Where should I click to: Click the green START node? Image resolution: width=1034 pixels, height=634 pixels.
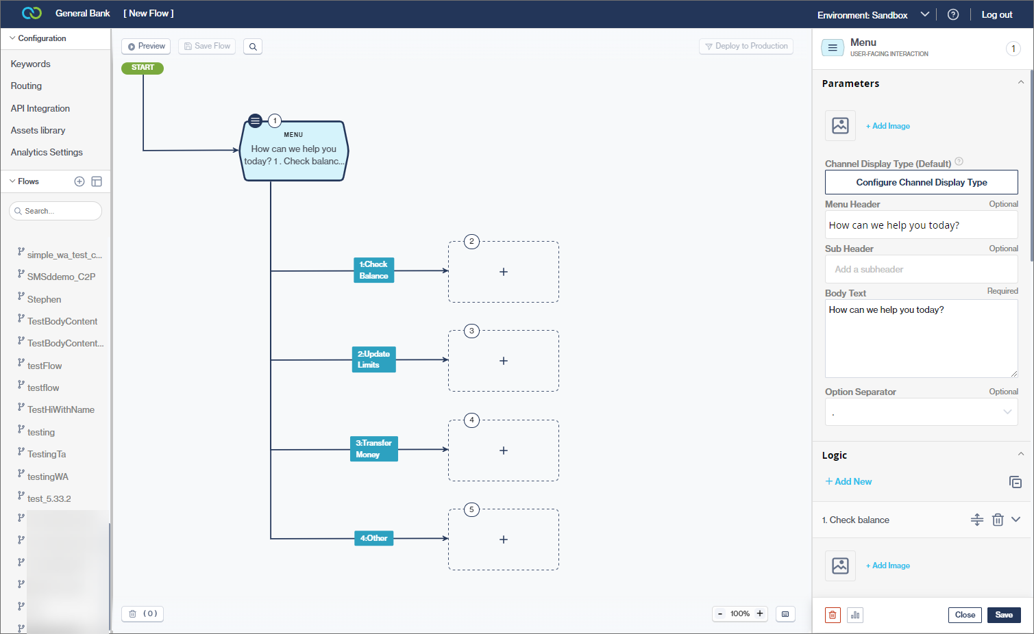pos(143,68)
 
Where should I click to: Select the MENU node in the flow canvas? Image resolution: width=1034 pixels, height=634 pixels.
pos(294,151)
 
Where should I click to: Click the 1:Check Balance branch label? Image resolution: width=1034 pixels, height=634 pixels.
pos(373,270)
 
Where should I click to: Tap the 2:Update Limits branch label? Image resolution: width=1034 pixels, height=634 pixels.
pos(373,359)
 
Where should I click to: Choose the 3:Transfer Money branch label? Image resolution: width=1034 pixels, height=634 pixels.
pos(373,449)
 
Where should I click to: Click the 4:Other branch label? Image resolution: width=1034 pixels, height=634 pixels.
pos(373,538)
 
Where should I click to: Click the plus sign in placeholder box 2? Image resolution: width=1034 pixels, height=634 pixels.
pos(504,272)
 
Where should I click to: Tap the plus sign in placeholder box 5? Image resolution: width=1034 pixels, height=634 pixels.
pos(504,540)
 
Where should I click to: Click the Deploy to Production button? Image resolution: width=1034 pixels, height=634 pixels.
pos(746,47)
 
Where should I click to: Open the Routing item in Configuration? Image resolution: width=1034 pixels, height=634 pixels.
pos(26,86)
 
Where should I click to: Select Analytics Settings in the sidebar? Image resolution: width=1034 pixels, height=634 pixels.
pos(47,153)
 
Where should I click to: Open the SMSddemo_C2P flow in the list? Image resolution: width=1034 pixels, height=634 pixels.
pos(61,277)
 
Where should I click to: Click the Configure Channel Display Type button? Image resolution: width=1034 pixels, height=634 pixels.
pos(921,183)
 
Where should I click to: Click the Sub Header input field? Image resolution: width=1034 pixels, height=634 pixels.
pos(921,270)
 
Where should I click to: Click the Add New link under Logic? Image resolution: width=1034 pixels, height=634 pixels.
pos(849,482)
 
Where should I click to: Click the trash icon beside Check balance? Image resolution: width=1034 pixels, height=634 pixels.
pos(998,520)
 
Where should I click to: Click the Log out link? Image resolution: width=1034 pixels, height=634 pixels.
pos(996,15)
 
